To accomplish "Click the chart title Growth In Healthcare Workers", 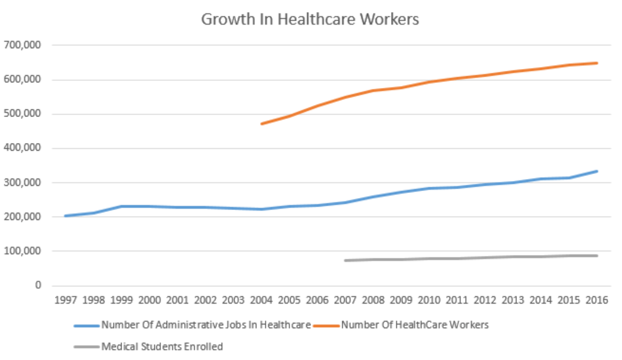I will pyautogui.click(x=309, y=20).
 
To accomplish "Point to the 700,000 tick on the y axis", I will pyautogui.click(x=23, y=46).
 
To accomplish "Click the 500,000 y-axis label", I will pyautogui.click(x=23, y=114).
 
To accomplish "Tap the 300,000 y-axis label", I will pyautogui.click(x=23, y=182).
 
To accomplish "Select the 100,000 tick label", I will pyautogui.click(x=23, y=251).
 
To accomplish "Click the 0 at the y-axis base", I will pyautogui.click(x=38, y=285).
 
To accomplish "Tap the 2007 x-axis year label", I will pyautogui.click(x=345, y=301).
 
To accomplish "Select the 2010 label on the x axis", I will pyautogui.click(x=429, y=301).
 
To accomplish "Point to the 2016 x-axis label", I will pyautogui.click(x=597, y=301).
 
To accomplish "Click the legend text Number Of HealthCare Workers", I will pyautogui.click(x=414, y=325).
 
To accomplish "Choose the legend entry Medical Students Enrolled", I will pyautogui.click(x=162, y=346).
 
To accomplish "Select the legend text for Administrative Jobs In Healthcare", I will pyautogui.click(x=206, y=325).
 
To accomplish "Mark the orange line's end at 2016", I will pyautogui.click(x=597, y=63).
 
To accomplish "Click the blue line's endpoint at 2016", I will pyautogui.click(x=597, y=171).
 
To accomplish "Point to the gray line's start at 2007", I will pyautogui.click(x=345, y=260).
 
